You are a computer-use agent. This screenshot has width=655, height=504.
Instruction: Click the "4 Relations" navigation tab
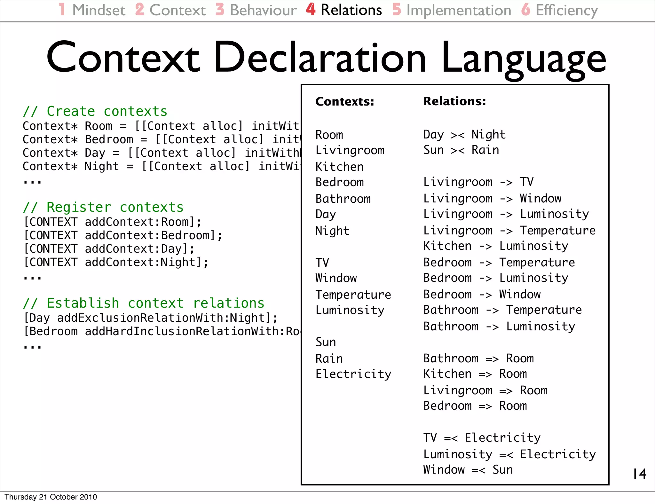(344, 10)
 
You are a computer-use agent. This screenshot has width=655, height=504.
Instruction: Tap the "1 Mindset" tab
(92, 10)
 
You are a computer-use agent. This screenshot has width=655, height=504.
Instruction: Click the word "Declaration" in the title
(320, 58)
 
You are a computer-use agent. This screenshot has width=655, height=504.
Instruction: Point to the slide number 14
(639, 474)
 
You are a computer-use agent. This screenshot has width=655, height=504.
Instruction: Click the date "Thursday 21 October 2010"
(51, 497)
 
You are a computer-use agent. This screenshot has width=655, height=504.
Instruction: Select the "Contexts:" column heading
(345, 102)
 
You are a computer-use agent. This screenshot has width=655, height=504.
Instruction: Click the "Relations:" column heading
(454, 101)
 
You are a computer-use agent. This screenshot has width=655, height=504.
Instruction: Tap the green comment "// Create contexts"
(95, 111)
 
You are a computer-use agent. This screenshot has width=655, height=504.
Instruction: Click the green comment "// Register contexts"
(103, 207)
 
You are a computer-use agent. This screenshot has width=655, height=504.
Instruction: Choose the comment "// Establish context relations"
(144, 303)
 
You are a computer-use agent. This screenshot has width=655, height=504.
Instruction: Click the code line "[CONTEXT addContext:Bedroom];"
(123, 235)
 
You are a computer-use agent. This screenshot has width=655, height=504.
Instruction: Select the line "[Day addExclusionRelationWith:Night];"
(151, 318)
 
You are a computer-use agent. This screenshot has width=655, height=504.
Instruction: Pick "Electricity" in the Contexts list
(353, 374)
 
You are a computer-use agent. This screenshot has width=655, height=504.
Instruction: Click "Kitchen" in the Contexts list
(339, 167)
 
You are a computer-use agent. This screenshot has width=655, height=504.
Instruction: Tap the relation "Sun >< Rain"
(461, 150)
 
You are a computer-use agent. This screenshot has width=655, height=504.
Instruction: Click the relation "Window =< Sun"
(468, 470)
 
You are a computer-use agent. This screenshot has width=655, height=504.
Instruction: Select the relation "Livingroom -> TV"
(478, 182)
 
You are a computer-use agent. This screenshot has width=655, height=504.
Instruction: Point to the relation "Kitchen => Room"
(475, 374)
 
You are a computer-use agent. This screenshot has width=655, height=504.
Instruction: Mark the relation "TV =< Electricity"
(482, 438)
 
